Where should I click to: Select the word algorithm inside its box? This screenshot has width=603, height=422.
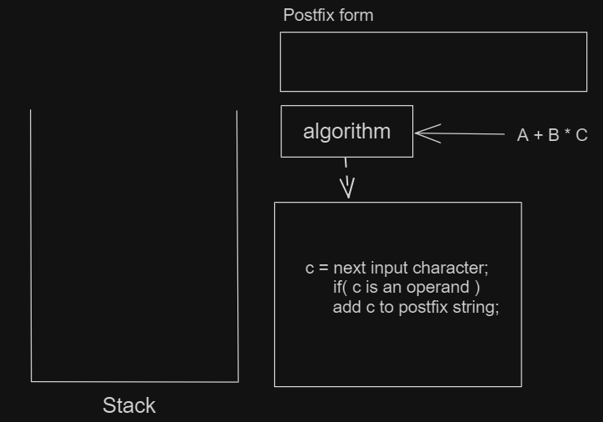coord(346,132)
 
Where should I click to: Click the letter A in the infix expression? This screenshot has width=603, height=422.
coord(522,135)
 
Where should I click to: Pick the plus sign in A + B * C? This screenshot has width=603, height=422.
coord(538,135)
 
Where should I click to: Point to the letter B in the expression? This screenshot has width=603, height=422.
coord(553,135)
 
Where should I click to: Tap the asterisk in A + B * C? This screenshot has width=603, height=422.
coord(567,132)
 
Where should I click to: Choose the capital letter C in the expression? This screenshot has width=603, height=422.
coord(581,135)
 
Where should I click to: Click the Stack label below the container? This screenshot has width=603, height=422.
coord(129,405)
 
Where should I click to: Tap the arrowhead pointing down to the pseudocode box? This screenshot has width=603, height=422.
coord(347,188)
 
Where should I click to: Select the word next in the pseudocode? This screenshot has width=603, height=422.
coord(350,268)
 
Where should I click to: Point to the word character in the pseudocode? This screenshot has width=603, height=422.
coord(451,268)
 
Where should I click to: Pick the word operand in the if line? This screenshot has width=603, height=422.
coord(437,287)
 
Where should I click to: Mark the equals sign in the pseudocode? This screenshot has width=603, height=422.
coord(324,268)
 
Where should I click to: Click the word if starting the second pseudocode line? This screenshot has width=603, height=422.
coord(337,287)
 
